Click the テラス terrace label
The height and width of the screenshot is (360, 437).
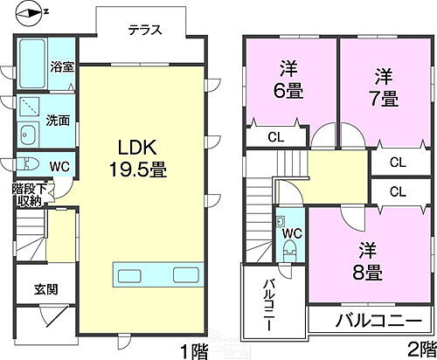[x=144, y=30]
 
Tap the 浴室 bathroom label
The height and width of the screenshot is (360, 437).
[x=61, y=66]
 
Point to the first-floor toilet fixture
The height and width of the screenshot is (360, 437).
[x=28, y=164]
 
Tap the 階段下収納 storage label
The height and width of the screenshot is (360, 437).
[x=28, y=194]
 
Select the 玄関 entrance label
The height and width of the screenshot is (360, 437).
[x=46, y=289]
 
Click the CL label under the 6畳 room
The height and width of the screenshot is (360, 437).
[x=274, y=136]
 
